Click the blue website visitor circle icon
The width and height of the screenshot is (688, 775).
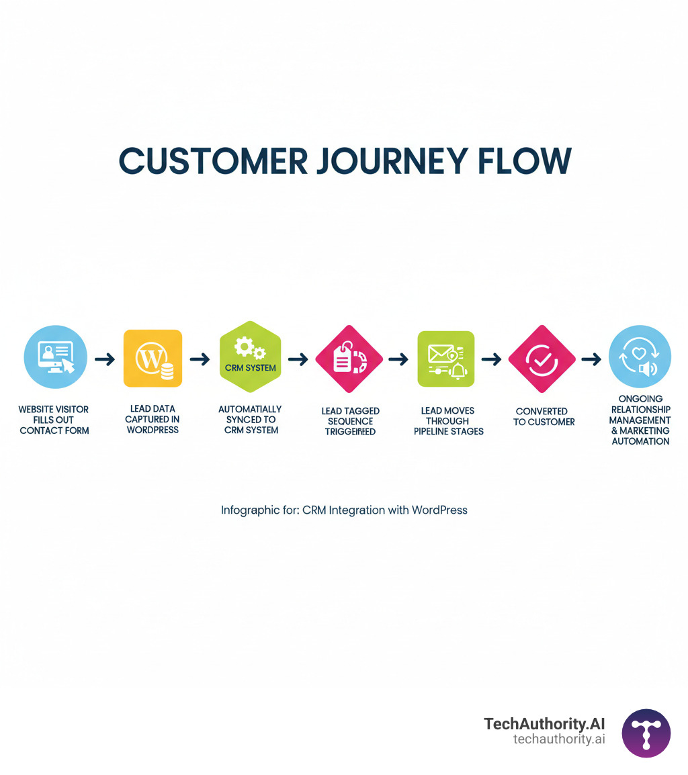pyautogui.click(x=55, y=357)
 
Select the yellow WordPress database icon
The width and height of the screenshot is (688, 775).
pyautogui.click(x=153, y=359)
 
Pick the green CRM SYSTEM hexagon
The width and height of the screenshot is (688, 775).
pyautogui.click(x=250, y=357)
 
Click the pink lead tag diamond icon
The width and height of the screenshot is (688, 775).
pyautogui.click(x=349, y=359)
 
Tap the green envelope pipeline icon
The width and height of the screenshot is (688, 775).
pyautogui.click(x=445, y=359)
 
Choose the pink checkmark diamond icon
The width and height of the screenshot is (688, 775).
pyautogui.click(x=542, y=359)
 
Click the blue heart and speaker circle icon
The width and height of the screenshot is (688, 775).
pyautogui.click(x=639, y=357)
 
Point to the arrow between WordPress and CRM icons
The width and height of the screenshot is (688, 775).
pyautogui.click(x=200, y=359)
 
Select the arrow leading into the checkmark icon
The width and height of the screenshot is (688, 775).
pyautogui.click(x=492, y=359)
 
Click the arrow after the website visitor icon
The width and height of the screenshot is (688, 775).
pyautogui.click(x=104, y=359)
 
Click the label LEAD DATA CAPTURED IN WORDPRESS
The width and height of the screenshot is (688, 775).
pyautogui.click(x=153, y=419)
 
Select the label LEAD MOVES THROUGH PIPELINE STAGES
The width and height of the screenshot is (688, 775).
pyautogui.click(x=448, y=420)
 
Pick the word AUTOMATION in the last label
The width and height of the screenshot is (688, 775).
pyautogui.click(x=640, y=441)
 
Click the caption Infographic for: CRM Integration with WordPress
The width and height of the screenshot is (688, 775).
pyautogui.click(x=344, y=510)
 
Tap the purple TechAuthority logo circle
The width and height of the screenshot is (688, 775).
pyautogui.click(x=646, y=733)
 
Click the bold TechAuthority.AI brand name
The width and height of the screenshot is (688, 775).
pyautogui.click(x=544, y=724)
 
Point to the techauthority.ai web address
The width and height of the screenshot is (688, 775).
pyautogui.click(x=559, y=739)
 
